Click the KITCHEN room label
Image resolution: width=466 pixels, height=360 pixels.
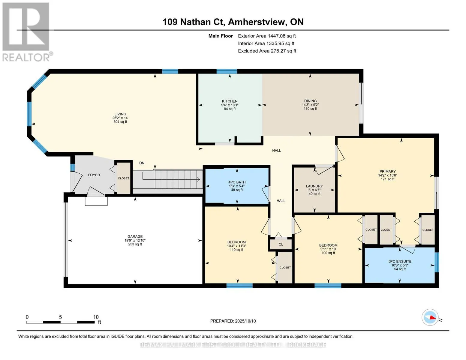coord(230,101)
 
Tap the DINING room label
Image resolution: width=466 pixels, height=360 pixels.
coord(310,101)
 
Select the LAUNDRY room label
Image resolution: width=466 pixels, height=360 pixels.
coord(314,186)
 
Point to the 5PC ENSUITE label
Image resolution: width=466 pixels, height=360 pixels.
coord(400,261)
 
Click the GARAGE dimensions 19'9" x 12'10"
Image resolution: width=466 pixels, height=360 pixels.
coord(135,240)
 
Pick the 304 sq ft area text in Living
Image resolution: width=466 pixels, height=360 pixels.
coord(120,122)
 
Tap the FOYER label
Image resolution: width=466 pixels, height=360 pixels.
coord(94,175)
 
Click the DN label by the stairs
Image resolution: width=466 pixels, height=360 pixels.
coord(142,163)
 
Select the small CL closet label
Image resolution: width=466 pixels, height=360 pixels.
coord(281,244)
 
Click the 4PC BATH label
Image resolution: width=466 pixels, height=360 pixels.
coord(237,182)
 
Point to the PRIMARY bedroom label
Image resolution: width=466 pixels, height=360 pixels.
coord(387,172)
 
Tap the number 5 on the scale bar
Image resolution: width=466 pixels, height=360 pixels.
coord(61,317)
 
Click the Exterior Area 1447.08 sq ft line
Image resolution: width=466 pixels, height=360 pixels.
coord(267,36)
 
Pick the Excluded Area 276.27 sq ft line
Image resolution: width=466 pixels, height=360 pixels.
coord(267,51)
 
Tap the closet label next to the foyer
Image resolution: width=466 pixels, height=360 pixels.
coord(124,178)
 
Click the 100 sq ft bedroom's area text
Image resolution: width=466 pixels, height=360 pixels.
coord(328,253)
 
